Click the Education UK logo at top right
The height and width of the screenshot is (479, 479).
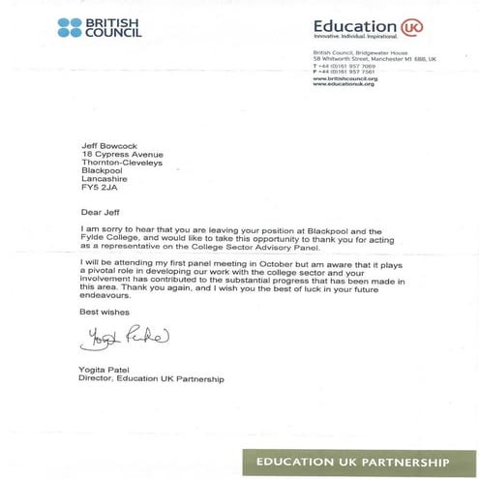[356, 28]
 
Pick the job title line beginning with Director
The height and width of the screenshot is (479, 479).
[151, 379]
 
